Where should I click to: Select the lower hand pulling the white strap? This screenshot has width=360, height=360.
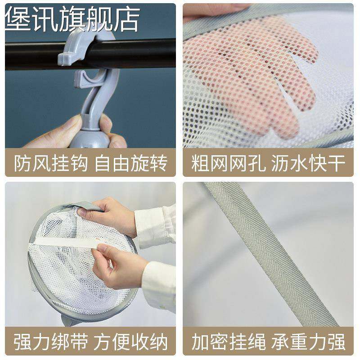click(x=117, y=265)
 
